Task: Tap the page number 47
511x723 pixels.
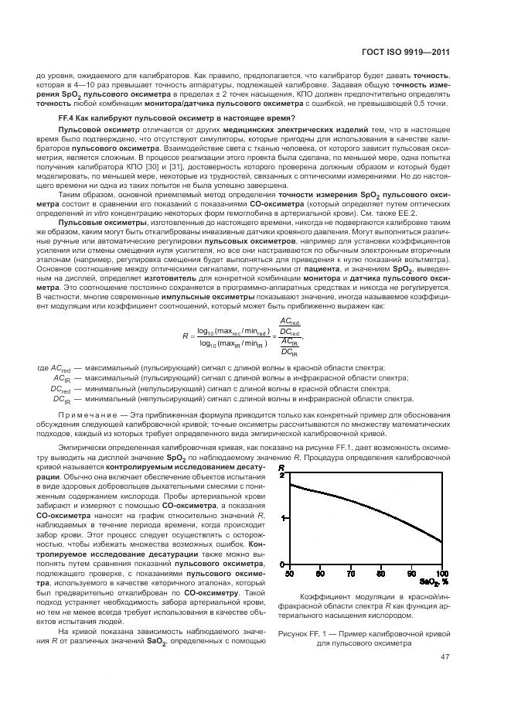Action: (x=445, y=657)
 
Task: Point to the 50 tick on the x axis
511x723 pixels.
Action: (x=289, y=573)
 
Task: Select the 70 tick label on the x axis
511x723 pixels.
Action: (x=350, y=573)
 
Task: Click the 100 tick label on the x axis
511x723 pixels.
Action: (x=441, y=573)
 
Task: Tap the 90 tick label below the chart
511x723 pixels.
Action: (x=411, y=573)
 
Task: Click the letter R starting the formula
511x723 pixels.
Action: (x=186, y=336)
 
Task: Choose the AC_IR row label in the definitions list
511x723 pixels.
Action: (x=63, y=379)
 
